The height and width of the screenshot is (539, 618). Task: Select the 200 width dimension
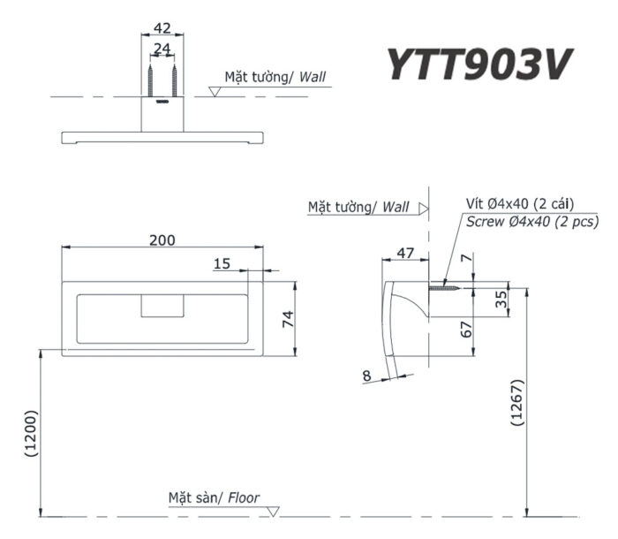tap(162, 239)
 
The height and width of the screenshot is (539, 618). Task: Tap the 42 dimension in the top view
tap(162, 28)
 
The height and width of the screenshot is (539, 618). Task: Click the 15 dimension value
tap(222, 263)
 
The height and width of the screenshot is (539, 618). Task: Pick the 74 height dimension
tap(286, 319)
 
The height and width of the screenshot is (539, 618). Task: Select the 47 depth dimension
tap(405, 253)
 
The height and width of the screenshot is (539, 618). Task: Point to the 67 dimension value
tap(468, 330)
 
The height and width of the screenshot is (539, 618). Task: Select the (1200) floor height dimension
tap(31, 433)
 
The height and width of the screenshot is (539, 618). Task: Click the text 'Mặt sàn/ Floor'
tap(214, 497)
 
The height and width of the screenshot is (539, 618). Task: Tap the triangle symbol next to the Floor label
tap(274, 511)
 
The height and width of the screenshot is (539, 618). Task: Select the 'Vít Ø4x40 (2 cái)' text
tap(520, 204)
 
